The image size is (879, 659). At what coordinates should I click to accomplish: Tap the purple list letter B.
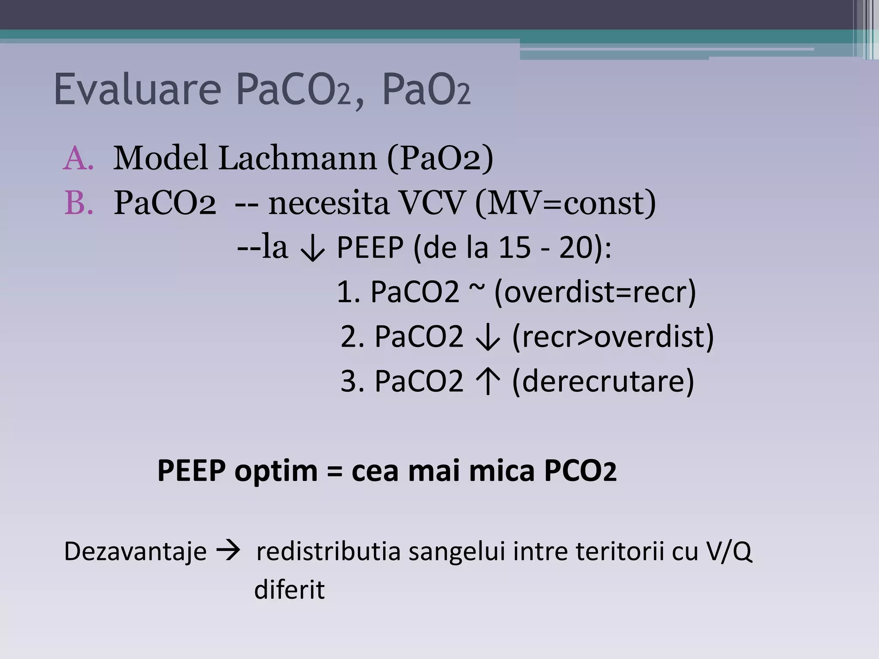[78, 203]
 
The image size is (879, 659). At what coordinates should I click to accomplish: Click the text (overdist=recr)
[595, 292]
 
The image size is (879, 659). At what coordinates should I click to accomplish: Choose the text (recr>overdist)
[613, 336]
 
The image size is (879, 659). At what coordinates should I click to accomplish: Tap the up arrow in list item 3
[488, 381]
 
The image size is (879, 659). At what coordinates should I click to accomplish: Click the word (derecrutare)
[603, 381]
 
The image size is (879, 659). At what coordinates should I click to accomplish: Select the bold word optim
[276, 471]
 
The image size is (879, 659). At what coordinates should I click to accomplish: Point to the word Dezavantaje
[135, 551]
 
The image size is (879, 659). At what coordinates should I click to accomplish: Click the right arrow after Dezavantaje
[228, 551]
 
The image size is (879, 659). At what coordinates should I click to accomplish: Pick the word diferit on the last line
[289, 589]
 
